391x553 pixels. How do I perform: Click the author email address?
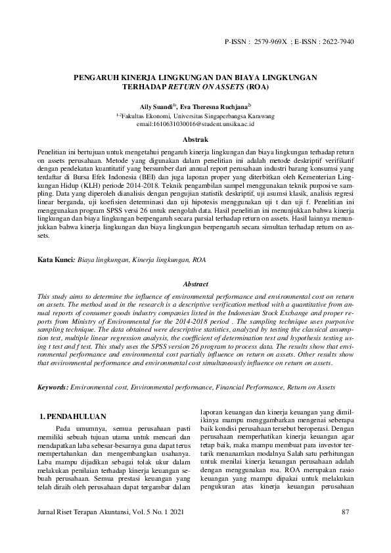(x=195, y=123)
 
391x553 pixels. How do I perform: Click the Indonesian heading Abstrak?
(x=195, y=140)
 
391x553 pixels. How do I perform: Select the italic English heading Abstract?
(x=195, y=284)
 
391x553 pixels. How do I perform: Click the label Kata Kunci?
(x=55, y=260)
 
